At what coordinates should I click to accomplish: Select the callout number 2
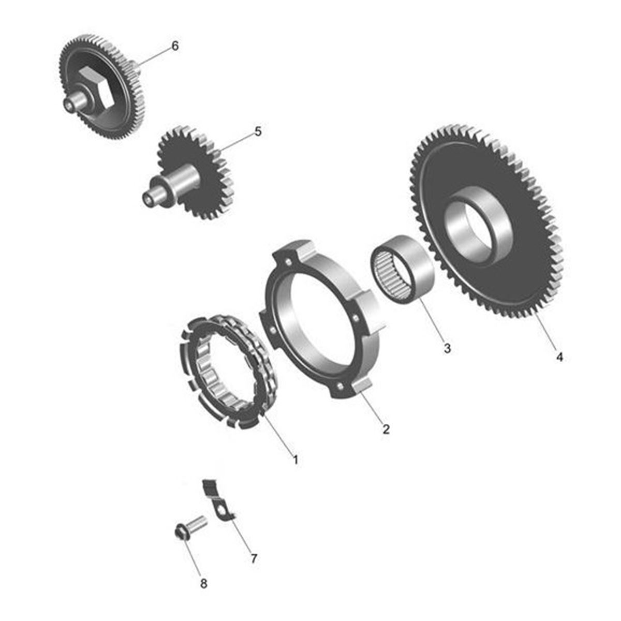coord(386,429)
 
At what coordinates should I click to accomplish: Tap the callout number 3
coord(447,348)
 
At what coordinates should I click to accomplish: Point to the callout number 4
coord(559,357)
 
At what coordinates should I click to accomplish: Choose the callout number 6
coord(175,46)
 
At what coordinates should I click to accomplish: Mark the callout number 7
coord(254,559)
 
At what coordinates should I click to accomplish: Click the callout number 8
coord(204,583)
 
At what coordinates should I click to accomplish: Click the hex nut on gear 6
coord(98,87)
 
